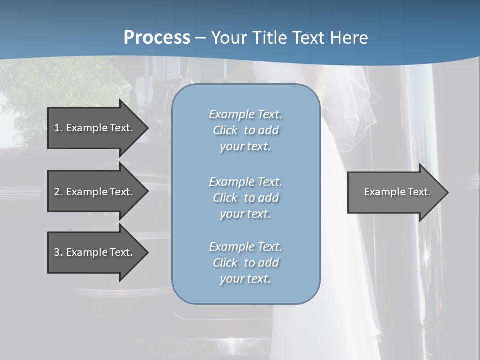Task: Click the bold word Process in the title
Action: tap(157, 38)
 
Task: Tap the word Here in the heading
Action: tap(349, 38)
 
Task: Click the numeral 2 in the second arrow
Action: tap(57, 192)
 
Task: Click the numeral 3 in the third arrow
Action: tap(57, 252)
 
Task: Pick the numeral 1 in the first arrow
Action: tap(57, 128)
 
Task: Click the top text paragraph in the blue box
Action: tap(245, 130)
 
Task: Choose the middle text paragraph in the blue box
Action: tap(245, 198)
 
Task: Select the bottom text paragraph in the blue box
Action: tap(245, 263)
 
